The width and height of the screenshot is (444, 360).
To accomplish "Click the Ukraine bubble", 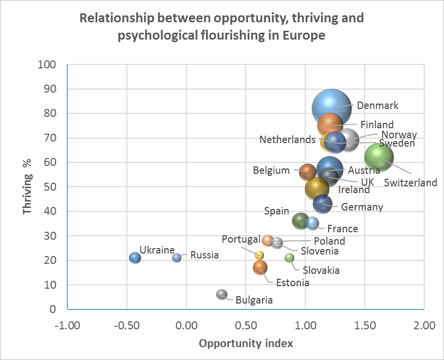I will point(135,258).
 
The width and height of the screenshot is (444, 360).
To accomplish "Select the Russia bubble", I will point(176,258).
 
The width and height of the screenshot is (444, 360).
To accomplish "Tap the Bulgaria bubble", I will point(222,295).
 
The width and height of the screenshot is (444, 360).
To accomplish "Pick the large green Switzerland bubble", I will point(379,157).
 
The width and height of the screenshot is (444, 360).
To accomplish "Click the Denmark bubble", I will point(331,108).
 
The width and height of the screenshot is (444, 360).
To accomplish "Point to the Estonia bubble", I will point(260,268).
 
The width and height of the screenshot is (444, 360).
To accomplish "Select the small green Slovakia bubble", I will point(289,257).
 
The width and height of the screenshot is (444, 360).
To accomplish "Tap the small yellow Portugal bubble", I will point(259,255).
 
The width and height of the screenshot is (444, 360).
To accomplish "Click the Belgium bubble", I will point(308,172).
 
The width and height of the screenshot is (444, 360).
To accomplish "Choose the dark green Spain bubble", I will point(300,221).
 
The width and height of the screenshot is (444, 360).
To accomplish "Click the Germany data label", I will point(362,207).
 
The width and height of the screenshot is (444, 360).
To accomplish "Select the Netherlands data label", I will point(287,140).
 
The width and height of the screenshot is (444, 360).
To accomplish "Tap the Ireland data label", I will point(354,190).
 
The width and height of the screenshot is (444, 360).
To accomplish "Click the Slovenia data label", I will point(319,251).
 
